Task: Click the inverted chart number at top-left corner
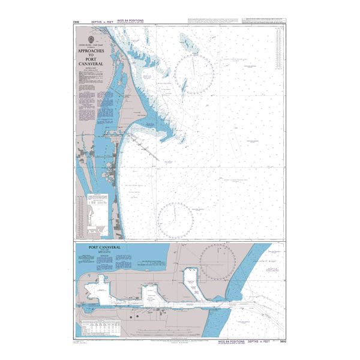click(76, 22)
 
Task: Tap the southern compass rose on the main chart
click(175, 220)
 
